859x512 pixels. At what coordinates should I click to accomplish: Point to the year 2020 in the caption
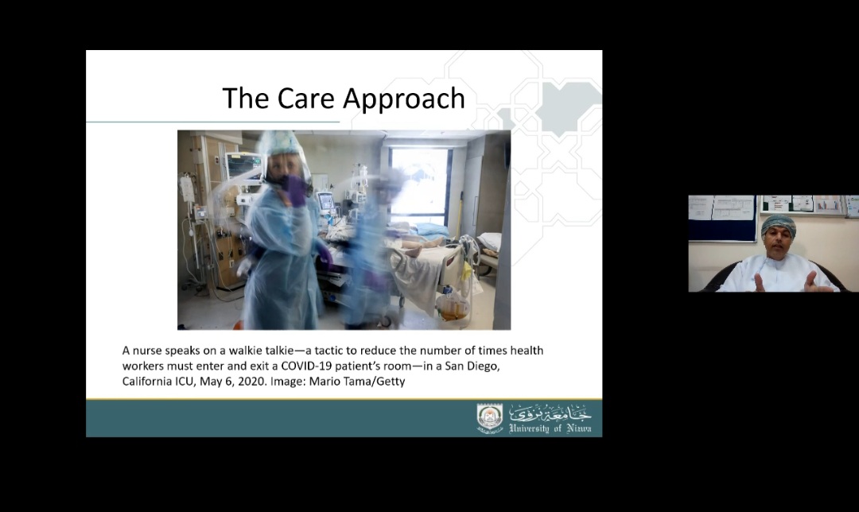pyautogui.click(x=253, y=381)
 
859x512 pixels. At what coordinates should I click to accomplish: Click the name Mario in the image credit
pyautogui.click(x=325, y=381)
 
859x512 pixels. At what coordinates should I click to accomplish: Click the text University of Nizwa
pyautogui.click(x=550, y=429)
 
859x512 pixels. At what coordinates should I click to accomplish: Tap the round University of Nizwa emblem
pyautogui.click(x=490, y=419)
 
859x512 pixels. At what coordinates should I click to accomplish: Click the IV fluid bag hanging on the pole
pyautogui.click(x=188, y=189)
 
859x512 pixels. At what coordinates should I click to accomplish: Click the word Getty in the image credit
pyautogui.click(x=390, y=382)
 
